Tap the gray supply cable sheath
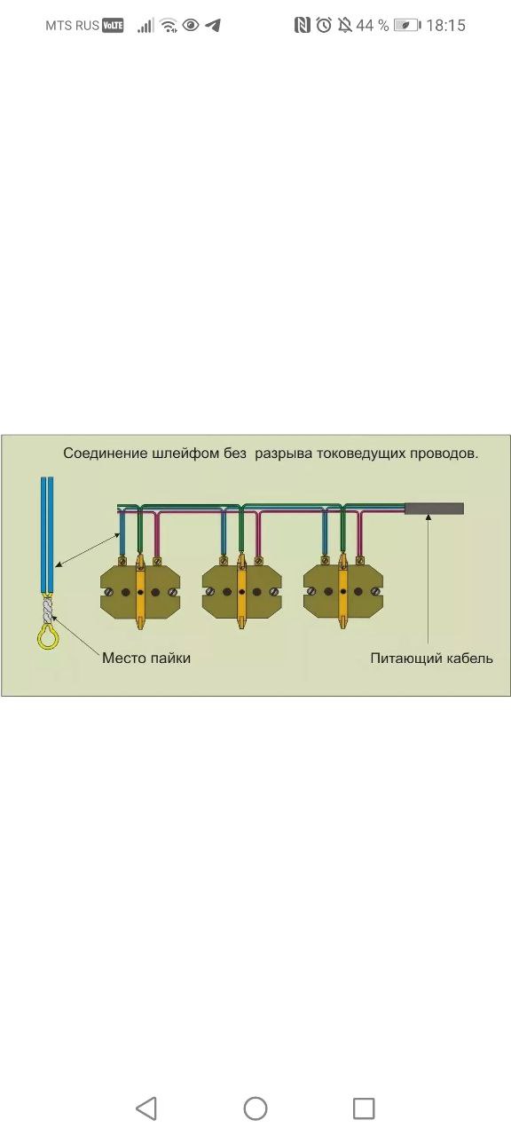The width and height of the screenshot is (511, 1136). (434, 509)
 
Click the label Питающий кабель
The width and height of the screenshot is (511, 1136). (431, 659)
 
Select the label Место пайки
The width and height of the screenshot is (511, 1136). (146, 659)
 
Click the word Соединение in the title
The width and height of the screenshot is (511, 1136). (105, 453)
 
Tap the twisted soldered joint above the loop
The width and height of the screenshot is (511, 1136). (48, 609)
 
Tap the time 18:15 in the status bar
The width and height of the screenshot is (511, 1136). (445, 26)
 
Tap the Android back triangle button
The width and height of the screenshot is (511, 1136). (146, 1108)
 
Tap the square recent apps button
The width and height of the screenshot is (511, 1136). (364, 1108)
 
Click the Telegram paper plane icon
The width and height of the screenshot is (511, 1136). (214, 25)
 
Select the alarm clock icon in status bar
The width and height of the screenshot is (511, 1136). (324, 24)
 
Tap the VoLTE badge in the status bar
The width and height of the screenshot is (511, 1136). (113, 26)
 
